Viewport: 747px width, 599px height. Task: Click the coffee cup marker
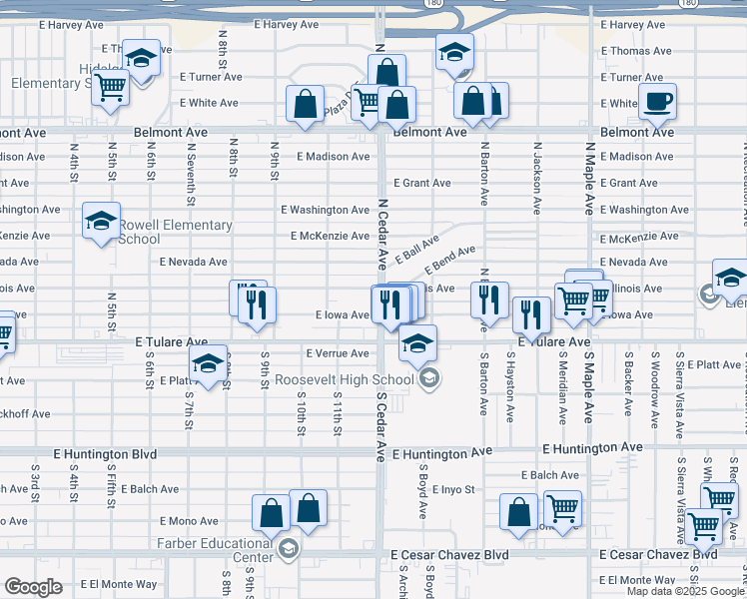coord(657,102)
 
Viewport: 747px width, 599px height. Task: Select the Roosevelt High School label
coord(345,379)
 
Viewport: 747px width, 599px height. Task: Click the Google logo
coord(33,587)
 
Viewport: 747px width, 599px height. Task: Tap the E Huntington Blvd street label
coord(105,453)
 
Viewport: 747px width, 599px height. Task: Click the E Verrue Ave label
coord(338,353)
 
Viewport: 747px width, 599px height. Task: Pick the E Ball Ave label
coord(416,250)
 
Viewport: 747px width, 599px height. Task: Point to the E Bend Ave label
coord(449,260)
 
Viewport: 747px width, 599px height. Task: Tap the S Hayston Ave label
coord(510,385)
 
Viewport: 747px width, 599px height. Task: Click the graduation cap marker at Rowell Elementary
coord(101,224)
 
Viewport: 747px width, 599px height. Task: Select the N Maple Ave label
coord(589,178)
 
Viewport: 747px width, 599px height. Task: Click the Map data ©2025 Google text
coord(686,591)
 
